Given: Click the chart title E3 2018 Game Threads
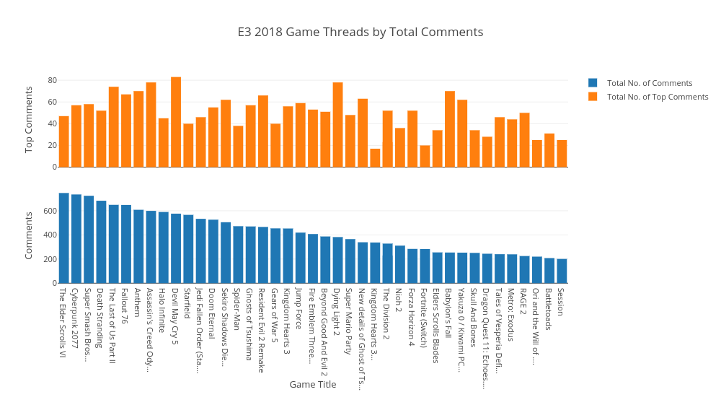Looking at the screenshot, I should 360,32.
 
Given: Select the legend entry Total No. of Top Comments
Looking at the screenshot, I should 657,97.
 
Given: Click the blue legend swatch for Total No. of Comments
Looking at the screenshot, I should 593,83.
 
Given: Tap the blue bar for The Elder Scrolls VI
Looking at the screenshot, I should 64,238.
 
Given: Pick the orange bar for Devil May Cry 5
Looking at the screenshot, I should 176,122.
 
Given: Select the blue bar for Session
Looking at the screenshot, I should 562,271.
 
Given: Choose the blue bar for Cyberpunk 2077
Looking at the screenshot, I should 76,239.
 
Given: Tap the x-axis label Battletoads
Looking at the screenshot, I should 549,310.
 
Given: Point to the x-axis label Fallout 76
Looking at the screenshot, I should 126,307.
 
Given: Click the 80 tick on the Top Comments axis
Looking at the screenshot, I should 53,80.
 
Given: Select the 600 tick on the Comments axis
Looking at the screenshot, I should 50,211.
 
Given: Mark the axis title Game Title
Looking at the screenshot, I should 313,385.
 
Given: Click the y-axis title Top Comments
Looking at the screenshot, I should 29,119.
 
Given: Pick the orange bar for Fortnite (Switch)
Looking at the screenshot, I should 425,156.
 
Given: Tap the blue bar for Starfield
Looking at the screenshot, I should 188,249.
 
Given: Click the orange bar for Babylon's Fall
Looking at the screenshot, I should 450,129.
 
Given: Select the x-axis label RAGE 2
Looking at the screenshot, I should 524,302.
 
